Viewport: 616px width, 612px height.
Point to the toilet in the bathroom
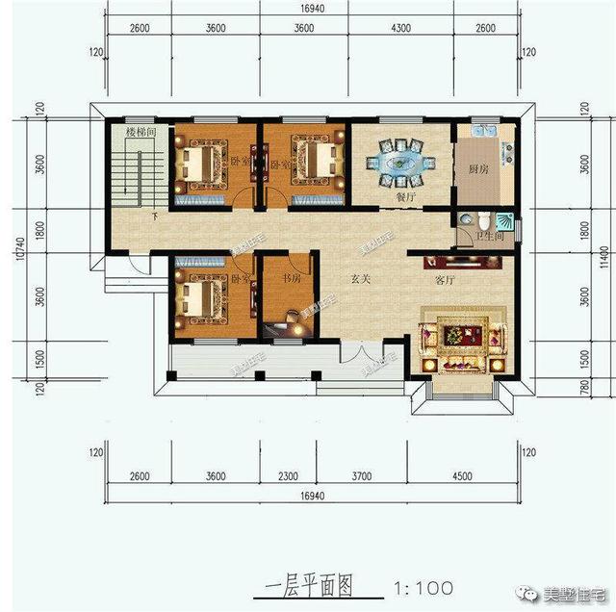tap(468, 221)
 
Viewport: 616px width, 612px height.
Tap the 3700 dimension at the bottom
tap(359, 475)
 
